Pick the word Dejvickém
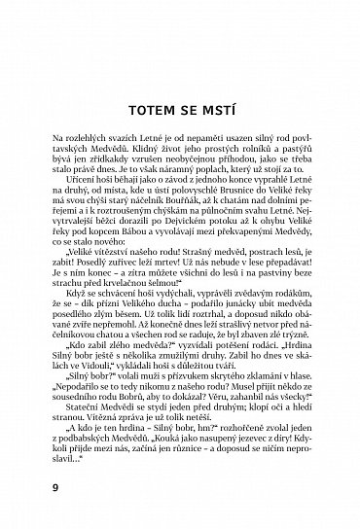[x=178, y=228]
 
